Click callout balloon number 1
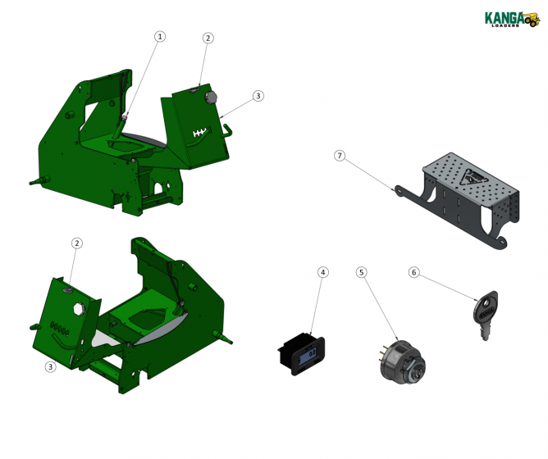160,36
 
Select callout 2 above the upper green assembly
208,38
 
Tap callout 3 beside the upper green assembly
258,96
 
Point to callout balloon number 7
340,156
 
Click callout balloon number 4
323,271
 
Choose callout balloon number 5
362,271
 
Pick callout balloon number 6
414,271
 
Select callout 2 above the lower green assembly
77,243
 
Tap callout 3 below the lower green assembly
50,366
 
